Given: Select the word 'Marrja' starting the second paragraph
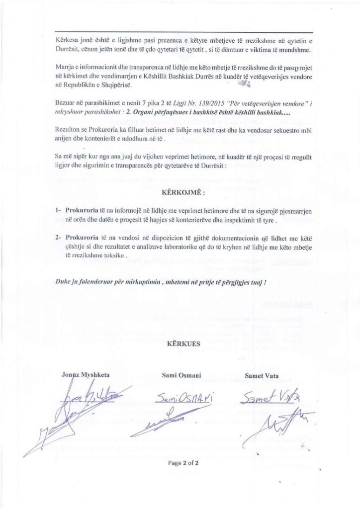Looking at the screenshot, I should [66, 67].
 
